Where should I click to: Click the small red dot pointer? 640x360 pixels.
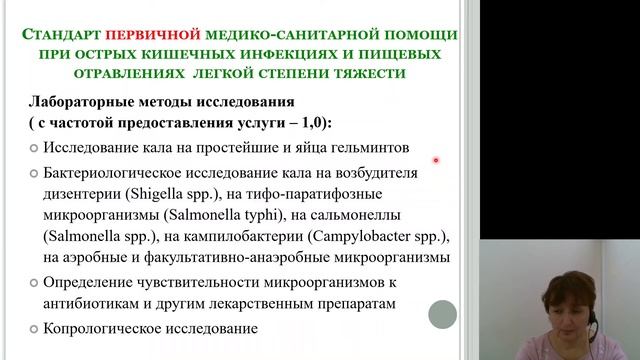tap(436, 160)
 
